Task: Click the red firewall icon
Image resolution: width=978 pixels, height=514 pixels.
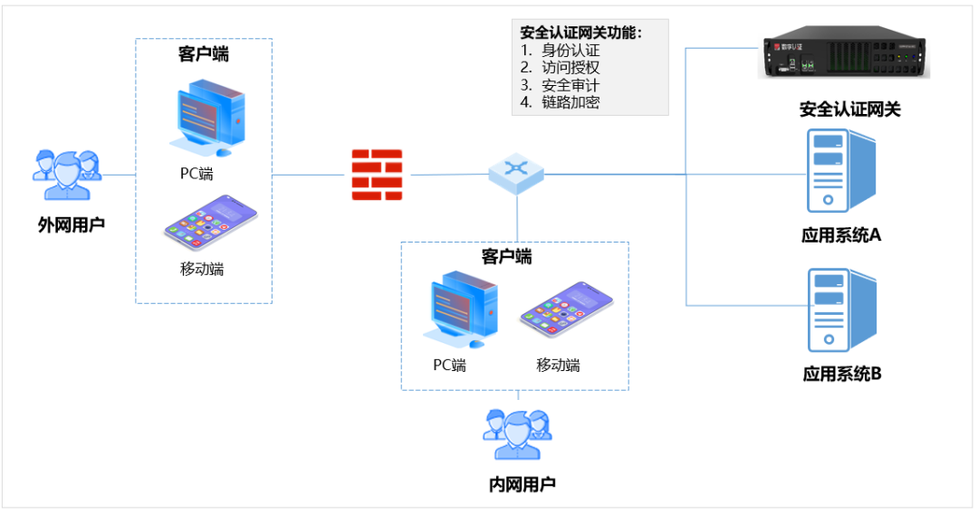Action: pos(377,174)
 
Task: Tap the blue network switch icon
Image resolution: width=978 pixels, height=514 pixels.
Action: pos(516,172)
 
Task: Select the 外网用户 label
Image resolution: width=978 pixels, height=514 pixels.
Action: pos(71,224)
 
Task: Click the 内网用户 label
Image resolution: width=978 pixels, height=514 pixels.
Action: pos(522,484)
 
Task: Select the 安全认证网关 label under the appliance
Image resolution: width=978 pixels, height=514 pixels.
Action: pos(849,110)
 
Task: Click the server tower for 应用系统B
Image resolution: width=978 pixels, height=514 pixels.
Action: pos(840,309)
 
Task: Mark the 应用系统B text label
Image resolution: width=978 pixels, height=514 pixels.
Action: pos(841,373)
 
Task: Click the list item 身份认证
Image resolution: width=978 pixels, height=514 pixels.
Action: pos(570,51)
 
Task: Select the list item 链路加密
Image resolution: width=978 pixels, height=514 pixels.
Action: pos(570,102)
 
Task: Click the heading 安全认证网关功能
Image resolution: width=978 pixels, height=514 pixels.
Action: pos(580,33)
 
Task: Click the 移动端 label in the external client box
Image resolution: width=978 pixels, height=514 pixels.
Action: pos(202,268)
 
